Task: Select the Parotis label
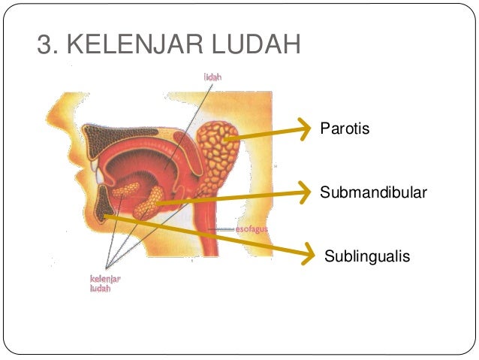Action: (x=345, y=129)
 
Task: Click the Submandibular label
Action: (x=373, y=193)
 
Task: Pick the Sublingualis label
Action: (x=367, y=257)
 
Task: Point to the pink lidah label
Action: (x=212, y=76)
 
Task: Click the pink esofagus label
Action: (x=252, y=228)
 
